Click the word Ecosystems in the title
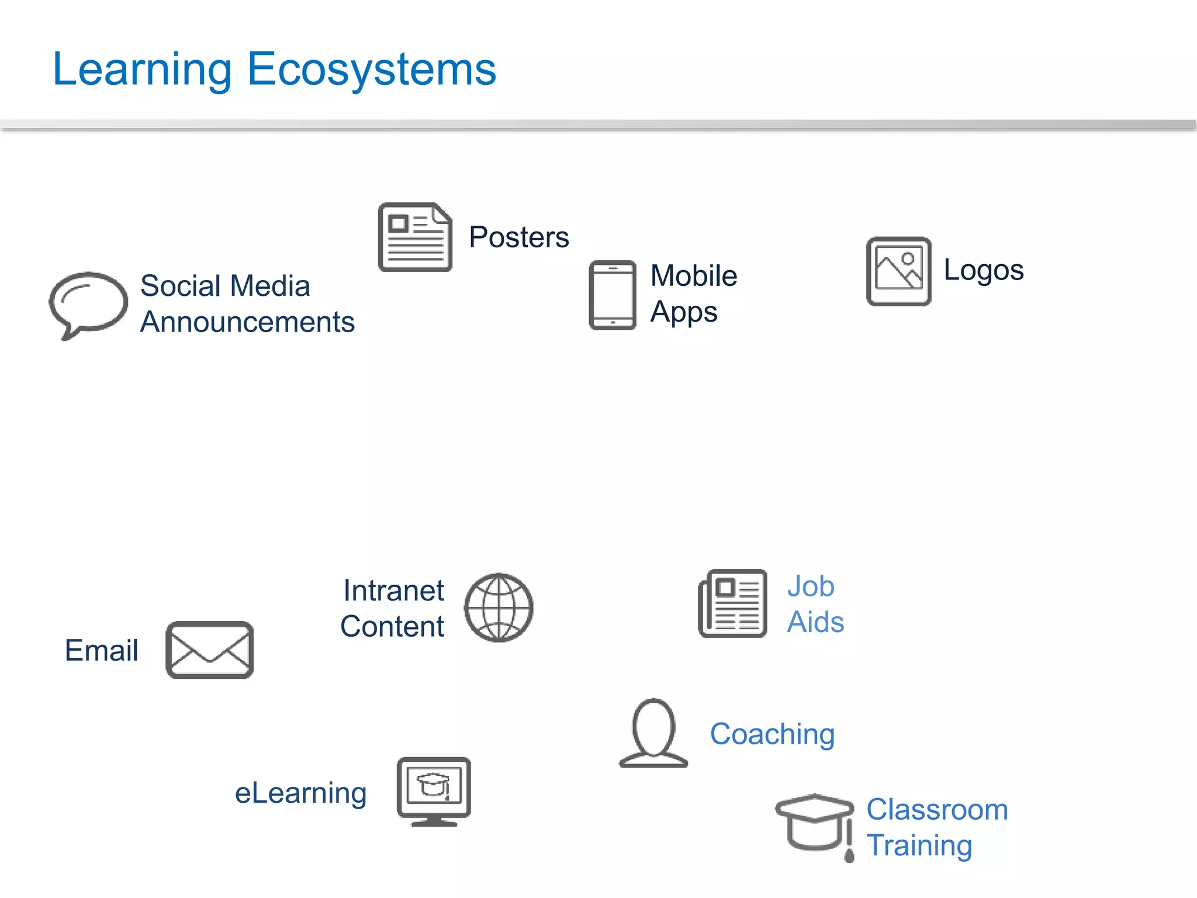tap(372, 70)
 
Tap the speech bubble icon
tap(88, 303)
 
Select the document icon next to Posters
tap(415, 237)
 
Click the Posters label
tap(518, 237)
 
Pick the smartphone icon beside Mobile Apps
tap(612, 295)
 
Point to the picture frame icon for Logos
tap(898, 271)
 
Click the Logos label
tap(984, 270)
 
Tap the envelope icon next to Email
tap(210, 650)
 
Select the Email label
tap(102, 650)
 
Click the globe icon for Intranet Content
tap(499, 607)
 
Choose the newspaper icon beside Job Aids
tap(733, 603)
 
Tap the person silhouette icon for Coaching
tap(653, 733)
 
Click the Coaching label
tap(772, 734)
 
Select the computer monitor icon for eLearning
tap(434, 790)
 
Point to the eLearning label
tap(300, 793)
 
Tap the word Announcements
tap(247, 322)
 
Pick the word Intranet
tap(393, 590)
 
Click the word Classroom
tap(937, 810)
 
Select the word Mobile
tap(694, 276)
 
